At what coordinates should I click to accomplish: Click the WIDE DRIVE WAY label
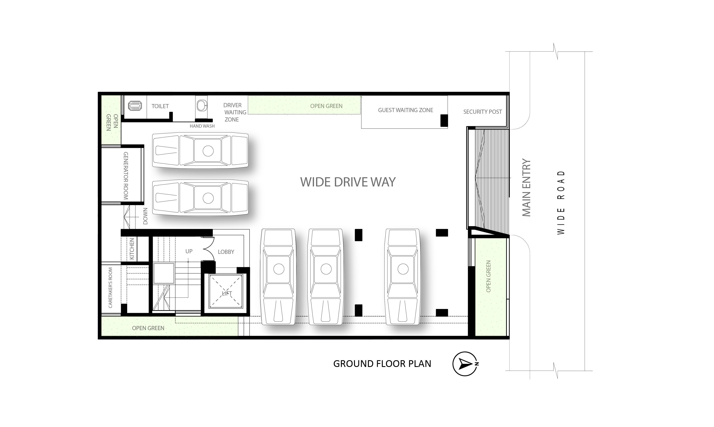coord(348,182)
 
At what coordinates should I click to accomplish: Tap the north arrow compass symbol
coord(465,364)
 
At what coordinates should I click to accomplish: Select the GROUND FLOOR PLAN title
coord(382,364)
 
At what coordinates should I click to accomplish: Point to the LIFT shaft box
coord(226,291)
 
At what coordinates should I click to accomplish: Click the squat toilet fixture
coord(135,106)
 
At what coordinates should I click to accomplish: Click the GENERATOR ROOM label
coord(126,176)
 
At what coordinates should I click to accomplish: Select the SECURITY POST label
coord(482,112)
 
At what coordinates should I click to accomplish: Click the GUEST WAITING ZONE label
coord(405,110)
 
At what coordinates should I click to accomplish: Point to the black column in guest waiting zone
coord(444,120)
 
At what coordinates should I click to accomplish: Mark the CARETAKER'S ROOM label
coord(110,288)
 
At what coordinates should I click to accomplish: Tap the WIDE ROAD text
coord(561,203)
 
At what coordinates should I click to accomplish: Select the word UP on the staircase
coord(189,251)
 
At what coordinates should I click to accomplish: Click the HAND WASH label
coord(202,126)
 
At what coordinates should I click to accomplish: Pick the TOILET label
coord(160,106)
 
